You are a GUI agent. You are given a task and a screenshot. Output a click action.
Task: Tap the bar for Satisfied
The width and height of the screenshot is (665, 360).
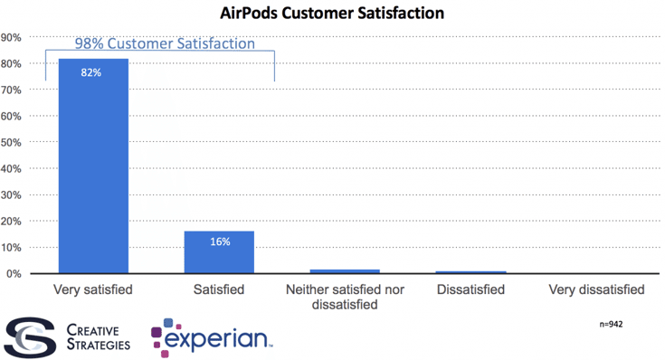[219, 252]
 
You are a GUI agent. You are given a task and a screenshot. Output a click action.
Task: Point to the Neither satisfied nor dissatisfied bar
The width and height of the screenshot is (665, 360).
[345, 270]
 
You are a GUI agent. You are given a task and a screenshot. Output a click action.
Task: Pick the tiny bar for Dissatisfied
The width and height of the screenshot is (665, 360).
[470, 271]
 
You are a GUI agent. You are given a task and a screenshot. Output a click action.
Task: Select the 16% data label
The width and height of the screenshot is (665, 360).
[219, 242]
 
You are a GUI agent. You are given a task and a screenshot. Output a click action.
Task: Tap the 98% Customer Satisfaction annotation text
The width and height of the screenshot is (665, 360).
[164, 43]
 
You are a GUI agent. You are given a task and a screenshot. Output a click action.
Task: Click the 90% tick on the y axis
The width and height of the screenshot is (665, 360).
[12, 38]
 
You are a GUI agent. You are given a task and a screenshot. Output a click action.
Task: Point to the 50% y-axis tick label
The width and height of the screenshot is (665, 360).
[12, 143]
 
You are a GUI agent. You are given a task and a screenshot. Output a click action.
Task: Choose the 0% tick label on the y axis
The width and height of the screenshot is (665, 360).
[14, 274]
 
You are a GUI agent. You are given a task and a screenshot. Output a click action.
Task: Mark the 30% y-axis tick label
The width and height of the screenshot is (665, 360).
[12, 195]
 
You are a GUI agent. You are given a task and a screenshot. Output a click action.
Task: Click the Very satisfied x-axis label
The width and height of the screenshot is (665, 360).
[93, 290]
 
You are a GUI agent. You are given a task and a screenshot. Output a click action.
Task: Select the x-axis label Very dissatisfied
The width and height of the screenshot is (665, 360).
[596, 290]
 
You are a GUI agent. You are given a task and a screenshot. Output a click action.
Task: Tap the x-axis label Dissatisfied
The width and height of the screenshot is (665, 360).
[470, 290]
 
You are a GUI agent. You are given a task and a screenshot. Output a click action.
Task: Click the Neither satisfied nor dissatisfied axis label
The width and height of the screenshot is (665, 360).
[345, 298]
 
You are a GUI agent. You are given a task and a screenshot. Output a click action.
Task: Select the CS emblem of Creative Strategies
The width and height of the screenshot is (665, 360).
[27, 336]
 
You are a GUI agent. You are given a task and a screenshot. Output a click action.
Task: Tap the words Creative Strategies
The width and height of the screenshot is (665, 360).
[97, 336]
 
